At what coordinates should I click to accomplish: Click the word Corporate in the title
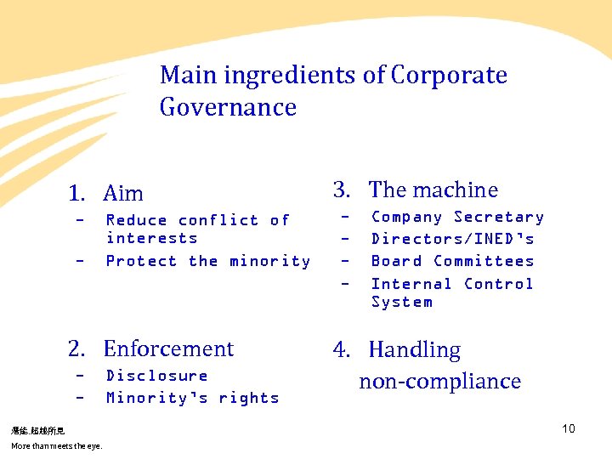pos(449,76)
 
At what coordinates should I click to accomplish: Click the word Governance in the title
pos(228,108)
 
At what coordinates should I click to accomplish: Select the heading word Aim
pos(123,194)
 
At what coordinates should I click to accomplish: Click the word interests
pos(151,238)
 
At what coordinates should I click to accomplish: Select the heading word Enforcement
pos(168,348)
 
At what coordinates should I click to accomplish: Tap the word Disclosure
pos(156,375)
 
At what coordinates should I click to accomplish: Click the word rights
pos(248,397)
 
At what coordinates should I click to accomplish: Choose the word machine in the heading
pos(456,190)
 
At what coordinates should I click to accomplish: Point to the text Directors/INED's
pos(453,239)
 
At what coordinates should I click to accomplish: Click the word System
pos(401,302)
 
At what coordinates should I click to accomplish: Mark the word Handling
pos(415,350)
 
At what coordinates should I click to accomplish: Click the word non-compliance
pos(439,381)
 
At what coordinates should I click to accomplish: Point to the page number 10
pos(568,428)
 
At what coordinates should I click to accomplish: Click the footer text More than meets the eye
pos(56,445)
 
